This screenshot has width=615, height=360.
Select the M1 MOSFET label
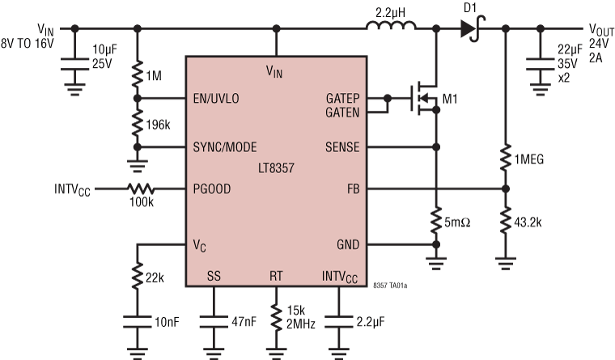(x=451, y=100)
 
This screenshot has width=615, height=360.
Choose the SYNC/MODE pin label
(x=225, y=147)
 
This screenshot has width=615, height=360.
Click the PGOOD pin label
(x=212, y=191)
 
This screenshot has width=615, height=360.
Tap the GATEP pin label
(x=343, y=98)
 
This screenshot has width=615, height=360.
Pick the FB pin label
(x=354, y=191)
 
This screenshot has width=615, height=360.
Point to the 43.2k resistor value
(x=529, y=219)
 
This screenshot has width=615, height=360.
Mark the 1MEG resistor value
(x=529, y=159)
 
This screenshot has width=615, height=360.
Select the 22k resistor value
(x=156, y=279)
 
